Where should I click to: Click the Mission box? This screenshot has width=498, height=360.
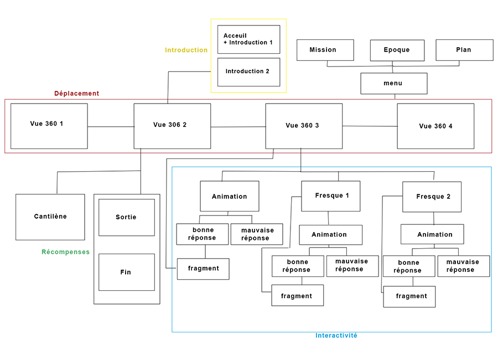(325, 50)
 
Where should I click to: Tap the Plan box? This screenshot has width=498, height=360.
(464, 50)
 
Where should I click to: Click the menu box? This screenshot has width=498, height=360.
(394, 84)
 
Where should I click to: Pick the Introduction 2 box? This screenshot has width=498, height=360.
(248, 72)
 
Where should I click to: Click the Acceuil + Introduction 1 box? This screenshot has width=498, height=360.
(248, 39)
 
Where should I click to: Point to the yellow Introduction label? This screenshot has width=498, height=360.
(186, 50)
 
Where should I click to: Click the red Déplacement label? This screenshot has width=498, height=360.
(76, 94)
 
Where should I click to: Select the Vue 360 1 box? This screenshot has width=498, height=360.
(49, 126)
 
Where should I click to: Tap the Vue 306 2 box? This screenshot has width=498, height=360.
(172, 126)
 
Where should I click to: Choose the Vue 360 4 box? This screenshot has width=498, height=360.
(435, 126)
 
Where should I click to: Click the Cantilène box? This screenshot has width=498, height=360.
(50, 217)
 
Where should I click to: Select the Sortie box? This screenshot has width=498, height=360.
(126, 217)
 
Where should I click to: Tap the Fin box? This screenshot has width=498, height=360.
(126, 272)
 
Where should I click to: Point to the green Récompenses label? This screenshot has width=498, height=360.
(65, 252)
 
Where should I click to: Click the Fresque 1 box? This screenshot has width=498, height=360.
(330, 196)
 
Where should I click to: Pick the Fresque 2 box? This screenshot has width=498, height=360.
(432, 197)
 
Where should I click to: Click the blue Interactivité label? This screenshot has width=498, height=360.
(336, 336)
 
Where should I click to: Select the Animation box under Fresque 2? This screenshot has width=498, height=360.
(432, 234)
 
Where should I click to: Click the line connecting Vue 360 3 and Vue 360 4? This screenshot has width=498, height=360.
(370, 126)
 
